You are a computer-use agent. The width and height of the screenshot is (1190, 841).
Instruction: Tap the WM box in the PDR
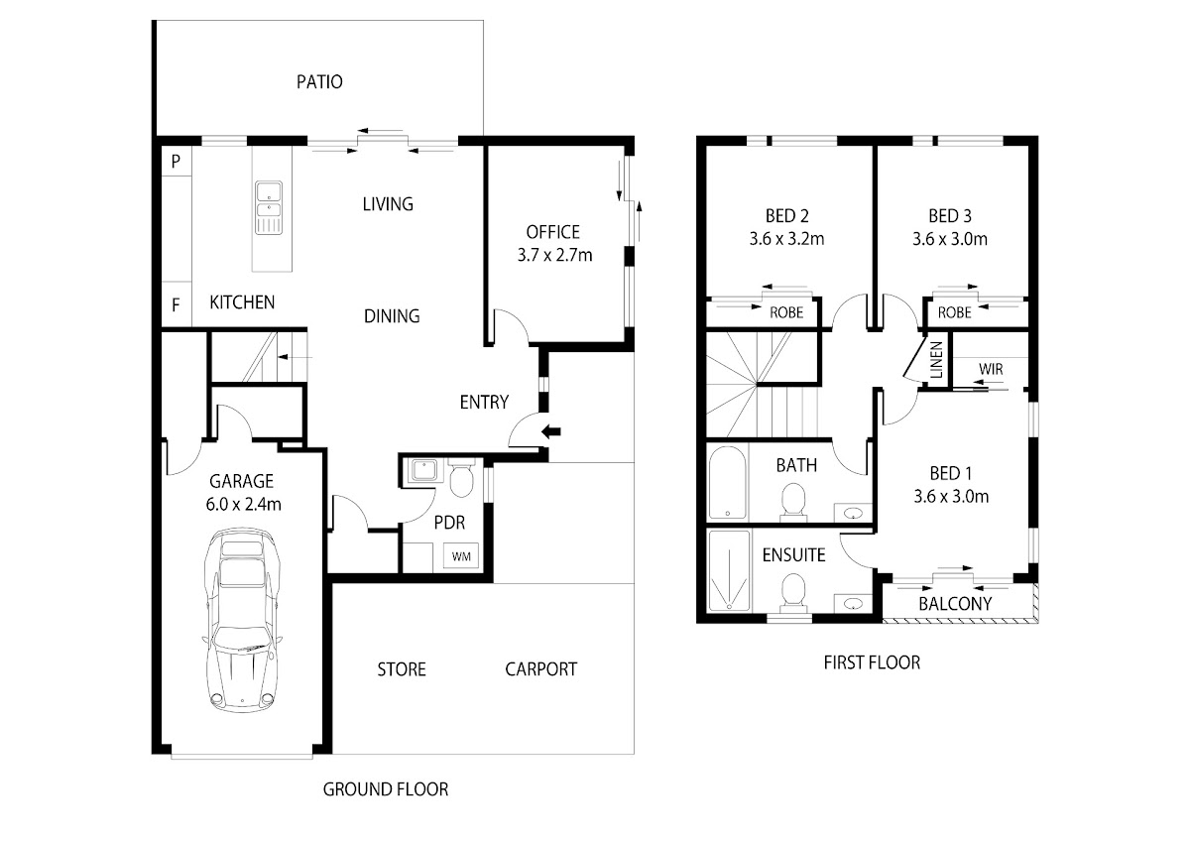tap(461, 555)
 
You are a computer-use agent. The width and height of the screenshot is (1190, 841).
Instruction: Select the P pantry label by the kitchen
tap(176, 162)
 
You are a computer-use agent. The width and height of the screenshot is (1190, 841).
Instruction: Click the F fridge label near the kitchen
tap(176, 305)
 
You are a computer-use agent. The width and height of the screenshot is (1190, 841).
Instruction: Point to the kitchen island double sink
tap(269, 206)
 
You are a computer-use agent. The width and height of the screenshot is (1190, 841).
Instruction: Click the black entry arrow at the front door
tap(552, 430)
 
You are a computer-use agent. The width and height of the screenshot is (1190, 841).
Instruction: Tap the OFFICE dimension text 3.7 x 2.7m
tap(554, 255)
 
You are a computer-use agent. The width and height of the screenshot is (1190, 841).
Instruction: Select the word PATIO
tap(319, 82)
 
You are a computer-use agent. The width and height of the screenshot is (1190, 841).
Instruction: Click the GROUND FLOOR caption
tap(386, 789)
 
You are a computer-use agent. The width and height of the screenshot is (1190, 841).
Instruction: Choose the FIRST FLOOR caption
tap(872, 662)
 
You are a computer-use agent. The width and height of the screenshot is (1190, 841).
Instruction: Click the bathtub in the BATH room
tap(727, 482)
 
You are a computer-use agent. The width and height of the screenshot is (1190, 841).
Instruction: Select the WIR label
tap(991, 369)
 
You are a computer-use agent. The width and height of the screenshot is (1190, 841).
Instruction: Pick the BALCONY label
tap(955, 603)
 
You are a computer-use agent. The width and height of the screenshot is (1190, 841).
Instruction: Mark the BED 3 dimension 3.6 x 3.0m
tap(950, 239)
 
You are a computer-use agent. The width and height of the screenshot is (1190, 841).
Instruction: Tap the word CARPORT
tap(540, 669)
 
